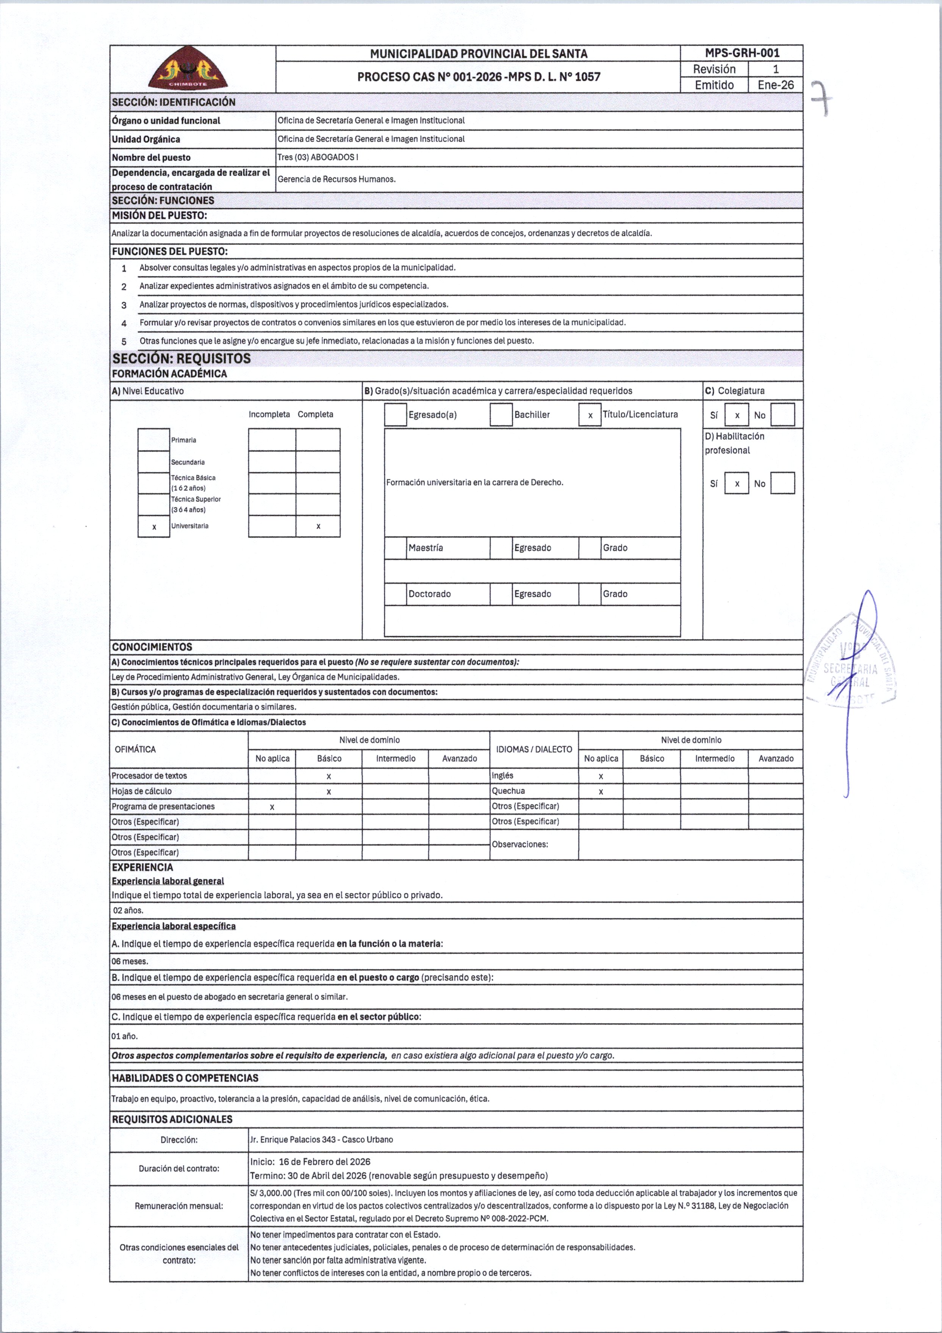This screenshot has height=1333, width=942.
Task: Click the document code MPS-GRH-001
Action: tap(742, 53)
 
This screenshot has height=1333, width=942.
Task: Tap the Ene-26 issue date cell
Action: tap(775, 85)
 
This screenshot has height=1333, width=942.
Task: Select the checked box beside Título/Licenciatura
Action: tap(590, 415)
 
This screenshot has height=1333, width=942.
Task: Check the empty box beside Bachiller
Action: tap(501, 415)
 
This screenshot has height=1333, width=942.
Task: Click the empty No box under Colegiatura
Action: tap(782, 415)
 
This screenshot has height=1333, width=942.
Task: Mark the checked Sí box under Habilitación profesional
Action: tap(736, 483)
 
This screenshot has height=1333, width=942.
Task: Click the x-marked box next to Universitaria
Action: tap(154, 527)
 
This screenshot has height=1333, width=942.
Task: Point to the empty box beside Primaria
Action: tap(154, 440)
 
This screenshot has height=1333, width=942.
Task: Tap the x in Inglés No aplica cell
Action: tap(601, 776)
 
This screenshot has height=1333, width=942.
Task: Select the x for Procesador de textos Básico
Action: tap(329, 776)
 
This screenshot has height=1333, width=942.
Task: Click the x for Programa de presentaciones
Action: tap(272, 807)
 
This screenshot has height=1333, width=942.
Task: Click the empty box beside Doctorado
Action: tap(396, 594)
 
